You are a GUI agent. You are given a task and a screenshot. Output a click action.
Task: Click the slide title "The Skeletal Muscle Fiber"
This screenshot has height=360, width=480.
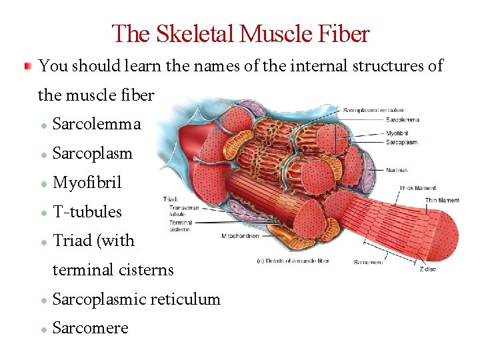tap(240, 33)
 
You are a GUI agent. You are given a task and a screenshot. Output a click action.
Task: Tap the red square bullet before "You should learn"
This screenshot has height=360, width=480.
tap(27, 67)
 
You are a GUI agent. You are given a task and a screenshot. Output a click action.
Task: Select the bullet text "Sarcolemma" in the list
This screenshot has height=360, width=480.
tap(97, 124)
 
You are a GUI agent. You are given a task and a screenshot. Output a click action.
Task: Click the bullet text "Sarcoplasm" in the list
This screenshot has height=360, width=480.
tap(92, 153)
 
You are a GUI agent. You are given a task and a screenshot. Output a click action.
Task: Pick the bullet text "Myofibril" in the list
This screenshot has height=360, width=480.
tap(87, 183)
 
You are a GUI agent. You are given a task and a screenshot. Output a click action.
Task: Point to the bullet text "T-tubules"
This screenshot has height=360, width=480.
tap(87, 212)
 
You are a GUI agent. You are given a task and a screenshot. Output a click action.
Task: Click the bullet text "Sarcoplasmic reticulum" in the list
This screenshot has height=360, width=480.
tap(136, 299)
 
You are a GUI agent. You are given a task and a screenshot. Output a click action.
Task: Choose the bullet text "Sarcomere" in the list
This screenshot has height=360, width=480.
tap(90, 329)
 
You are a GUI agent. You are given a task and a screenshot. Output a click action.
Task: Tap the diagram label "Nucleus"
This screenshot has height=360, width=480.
tap(397, 170)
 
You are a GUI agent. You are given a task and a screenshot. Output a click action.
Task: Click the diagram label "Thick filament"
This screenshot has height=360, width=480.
tap(417, 189)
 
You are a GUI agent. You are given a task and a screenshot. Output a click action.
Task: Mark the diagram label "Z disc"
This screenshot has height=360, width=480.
tap(427, 269)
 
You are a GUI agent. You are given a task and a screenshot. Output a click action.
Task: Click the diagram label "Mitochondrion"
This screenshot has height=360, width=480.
tap(240, 236)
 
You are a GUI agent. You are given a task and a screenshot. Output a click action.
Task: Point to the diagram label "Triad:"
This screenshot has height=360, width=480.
tap(170, 199)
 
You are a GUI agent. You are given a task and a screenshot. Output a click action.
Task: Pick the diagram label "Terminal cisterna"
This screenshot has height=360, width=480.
tap(180, 226)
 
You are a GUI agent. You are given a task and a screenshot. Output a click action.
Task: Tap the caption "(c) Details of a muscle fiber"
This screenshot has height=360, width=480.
tap(293, 261)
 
